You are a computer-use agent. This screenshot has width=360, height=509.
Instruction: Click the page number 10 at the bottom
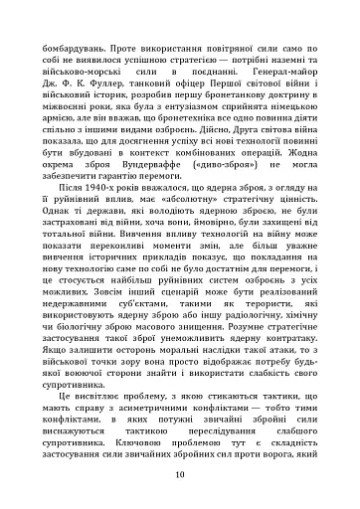pyautogui.click(x=179, y=474)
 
